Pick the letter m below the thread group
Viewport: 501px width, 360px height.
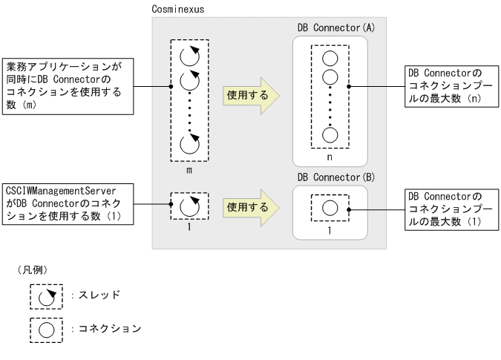[189, 170]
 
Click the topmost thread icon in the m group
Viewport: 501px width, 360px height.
[190, 56]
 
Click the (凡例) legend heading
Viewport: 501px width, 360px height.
[38, 267]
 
